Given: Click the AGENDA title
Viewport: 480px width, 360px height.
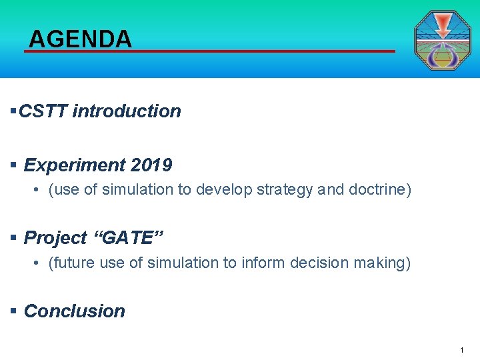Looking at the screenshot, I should pyautogui.click(x=80, y=39).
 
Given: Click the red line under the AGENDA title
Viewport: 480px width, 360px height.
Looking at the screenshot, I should pyautogui.click(x=210, y=51).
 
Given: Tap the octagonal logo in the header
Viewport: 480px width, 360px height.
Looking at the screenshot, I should pyautogui.click(x=442, y=41).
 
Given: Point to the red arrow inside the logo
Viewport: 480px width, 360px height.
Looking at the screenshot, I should pyautogui.click(x=443, y=26).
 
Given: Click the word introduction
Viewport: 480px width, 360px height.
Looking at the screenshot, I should pyautogui.click(x=127, y=111).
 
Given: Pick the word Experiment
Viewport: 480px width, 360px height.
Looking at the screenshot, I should pyautogui.click(x=75, y=165).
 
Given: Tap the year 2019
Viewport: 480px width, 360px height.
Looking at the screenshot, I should pyautogui.click(x=151, y=165).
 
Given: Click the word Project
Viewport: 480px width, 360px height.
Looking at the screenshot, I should pyautogui.click(x=55, y=238).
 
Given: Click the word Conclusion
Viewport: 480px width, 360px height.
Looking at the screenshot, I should pyautogui.click(x=75, y=311).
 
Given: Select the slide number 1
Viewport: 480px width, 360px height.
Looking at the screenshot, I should pyautogui.click(x=461, y=350).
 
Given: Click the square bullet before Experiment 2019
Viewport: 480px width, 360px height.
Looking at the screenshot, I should pyautogui.click(x=13, y=165).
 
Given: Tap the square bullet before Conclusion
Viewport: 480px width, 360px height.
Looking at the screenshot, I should pyautogui.click(x=13, y=311).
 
